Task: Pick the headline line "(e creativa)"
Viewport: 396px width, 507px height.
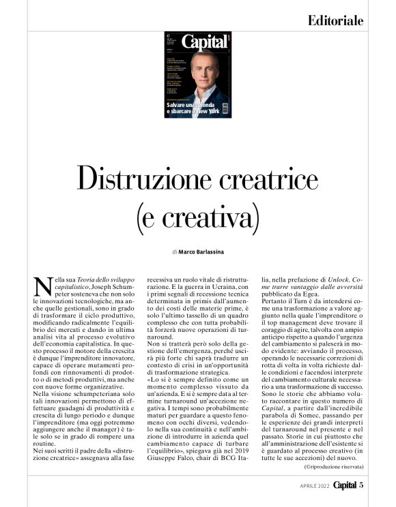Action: pyautogui.click(x=198, y=219)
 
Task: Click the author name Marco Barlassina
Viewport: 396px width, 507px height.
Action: pyautogui.click(x=203, y=251)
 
